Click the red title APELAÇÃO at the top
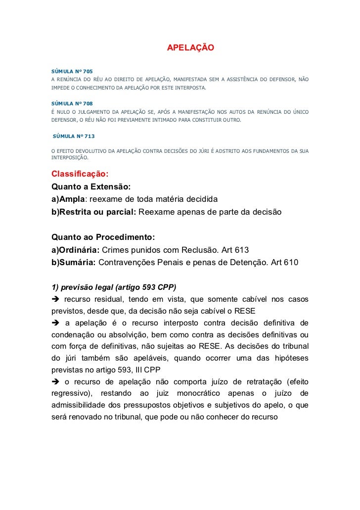tap(190, 48)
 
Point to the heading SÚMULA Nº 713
tap(74, 136)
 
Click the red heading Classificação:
tap(80, 175)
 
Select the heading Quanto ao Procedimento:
tap(103, 237)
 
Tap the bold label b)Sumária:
tap(73, 262)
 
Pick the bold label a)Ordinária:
tap(76, 249)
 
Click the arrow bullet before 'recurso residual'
tap(55, 300)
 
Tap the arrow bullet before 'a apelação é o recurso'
tap(55, 325)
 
